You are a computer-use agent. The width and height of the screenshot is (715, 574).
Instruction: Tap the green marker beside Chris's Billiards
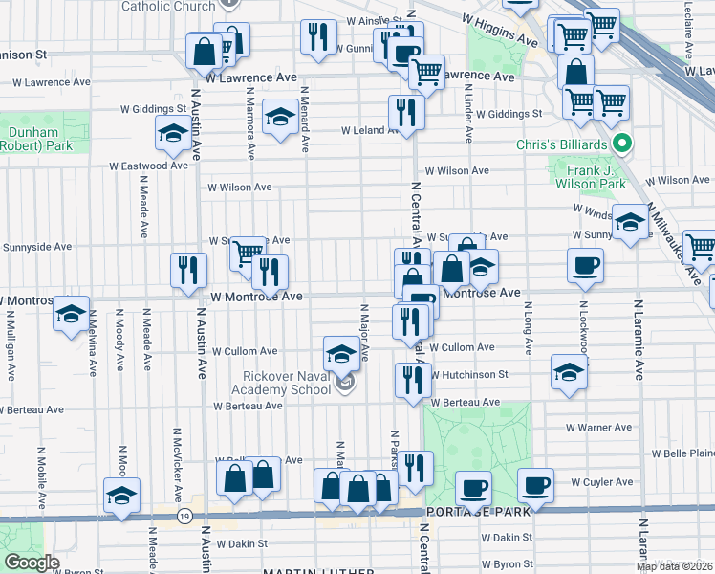click(x=623, y=144)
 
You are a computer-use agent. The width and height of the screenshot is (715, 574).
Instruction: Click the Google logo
click(x=31, y=562)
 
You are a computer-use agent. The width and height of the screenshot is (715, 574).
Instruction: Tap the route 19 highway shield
click(x=183, y=516)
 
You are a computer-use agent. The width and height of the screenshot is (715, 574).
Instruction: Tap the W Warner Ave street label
click(x=599, y=428)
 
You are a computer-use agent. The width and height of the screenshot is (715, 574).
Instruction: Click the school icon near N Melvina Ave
click(x=71, y=313)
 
